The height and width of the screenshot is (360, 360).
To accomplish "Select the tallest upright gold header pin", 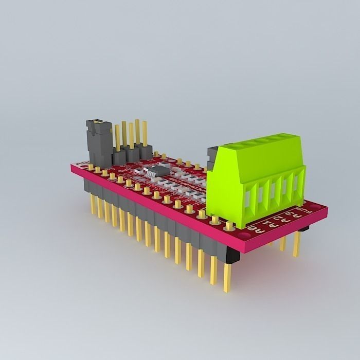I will pos(137,133).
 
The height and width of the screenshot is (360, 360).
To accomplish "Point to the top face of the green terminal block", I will pos(257,144).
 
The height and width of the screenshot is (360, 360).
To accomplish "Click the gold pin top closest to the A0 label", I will pos(229,225).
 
